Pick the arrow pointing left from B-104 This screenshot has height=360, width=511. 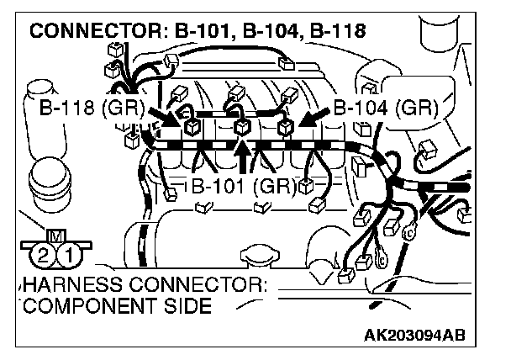click(313, 115)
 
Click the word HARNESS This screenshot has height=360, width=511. click(67, 284)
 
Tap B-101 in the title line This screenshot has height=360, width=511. click(208, 32)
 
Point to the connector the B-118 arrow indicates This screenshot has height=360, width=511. click(191, 126)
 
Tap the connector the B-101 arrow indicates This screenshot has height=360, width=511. click(242, 127)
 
